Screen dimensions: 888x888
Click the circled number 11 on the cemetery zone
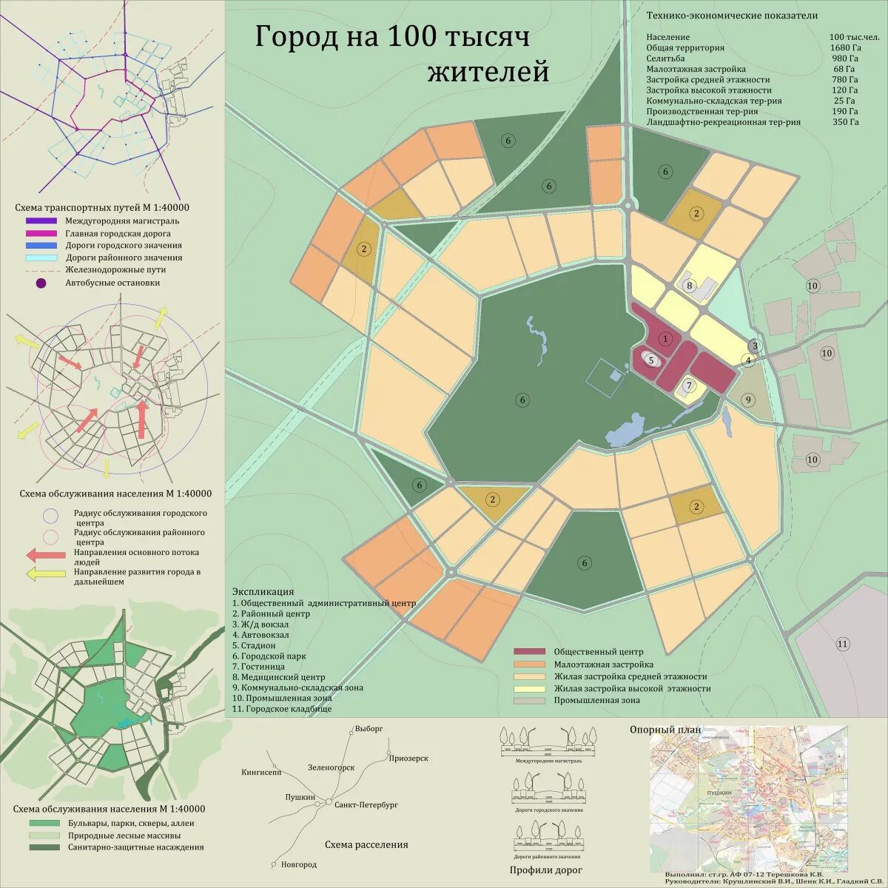point(842,644)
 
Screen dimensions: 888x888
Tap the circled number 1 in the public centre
point(665,339)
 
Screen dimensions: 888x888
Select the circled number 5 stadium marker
point(651,360)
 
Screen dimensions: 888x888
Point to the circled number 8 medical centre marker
point(689,286)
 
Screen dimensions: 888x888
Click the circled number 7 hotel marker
point(689,385)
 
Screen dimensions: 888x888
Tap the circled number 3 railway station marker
point(755,346)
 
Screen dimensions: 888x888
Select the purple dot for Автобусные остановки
point(41,283)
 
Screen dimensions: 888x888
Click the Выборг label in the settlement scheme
point(369,728)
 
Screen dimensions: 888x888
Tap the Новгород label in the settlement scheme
point(299,864)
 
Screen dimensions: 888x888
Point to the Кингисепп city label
point(261,772)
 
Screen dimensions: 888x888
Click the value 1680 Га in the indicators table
point(844,47)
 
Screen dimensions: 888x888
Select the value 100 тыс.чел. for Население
point(853,37)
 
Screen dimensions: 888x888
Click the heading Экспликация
point(263,592)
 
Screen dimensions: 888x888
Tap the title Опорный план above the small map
point(665,730)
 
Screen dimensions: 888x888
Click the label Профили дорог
point(545,869)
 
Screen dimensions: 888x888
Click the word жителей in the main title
point(488,73)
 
